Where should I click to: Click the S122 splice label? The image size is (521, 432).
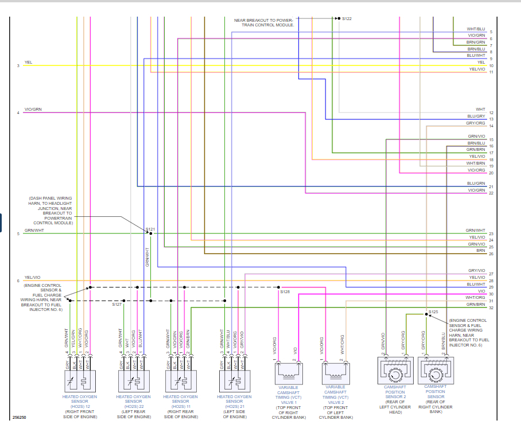coord(347,19)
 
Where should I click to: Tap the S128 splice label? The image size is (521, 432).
coord(285,292)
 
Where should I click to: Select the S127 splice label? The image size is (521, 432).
coord(117,304)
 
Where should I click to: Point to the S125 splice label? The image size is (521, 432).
coord(433,312)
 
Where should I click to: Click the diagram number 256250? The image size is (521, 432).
coord(18,418)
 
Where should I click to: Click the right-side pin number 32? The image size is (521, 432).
coord(491,308)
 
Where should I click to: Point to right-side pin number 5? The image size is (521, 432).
coord(491,32)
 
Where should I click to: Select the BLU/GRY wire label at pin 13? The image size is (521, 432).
coord(476,116)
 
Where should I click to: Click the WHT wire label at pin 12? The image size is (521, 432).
coord(480,109)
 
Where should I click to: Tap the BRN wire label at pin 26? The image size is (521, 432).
coord(480,251)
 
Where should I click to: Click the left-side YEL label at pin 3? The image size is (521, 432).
coord(28,62)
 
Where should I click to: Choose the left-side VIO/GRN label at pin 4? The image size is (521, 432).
coord(33,109)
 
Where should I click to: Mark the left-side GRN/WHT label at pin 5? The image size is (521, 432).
coord(34,230)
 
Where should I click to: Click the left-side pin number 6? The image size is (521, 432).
coord(18,281)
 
